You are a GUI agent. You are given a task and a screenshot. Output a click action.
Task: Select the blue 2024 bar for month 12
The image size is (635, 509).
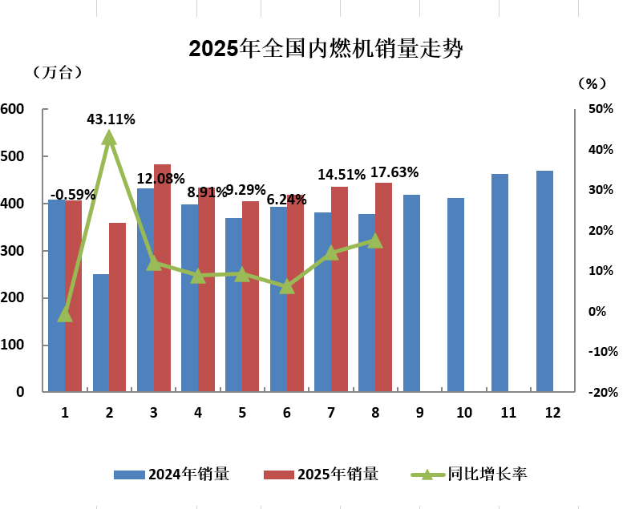pos(544,281)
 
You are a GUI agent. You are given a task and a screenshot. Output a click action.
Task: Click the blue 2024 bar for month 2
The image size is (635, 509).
pos(101,333)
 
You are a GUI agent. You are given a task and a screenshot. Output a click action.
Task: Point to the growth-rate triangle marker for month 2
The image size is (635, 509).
pos(110,138)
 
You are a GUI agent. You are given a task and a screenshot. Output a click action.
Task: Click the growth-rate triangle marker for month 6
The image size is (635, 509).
pos(287,285)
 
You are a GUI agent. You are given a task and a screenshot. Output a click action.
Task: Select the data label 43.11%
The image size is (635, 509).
pos(111,119)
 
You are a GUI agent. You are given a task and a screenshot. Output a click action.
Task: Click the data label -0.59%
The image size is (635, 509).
pos(73,194)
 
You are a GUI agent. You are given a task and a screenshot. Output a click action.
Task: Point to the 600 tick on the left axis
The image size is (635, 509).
pos(13,109)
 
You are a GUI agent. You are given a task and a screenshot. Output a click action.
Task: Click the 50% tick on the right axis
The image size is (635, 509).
pos(601,109)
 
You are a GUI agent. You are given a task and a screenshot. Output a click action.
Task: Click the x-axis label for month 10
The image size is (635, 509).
pos(464,413)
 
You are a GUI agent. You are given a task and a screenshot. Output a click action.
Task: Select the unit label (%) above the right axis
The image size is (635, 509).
pos(593,83)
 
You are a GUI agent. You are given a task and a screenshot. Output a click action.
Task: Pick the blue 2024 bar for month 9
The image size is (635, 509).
pos(411,293)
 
